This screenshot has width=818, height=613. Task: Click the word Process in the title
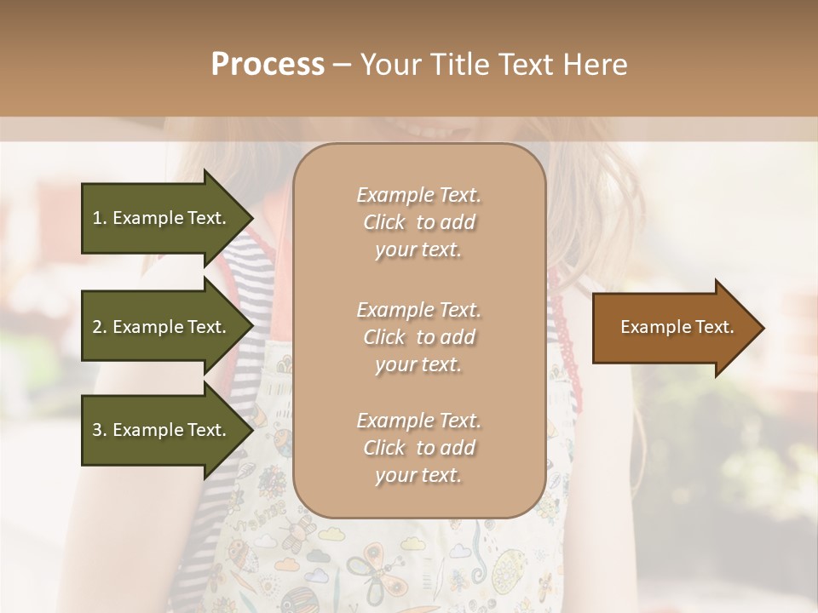(x=268, y=65)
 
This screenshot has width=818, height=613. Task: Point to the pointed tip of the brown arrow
(x=763, y=328)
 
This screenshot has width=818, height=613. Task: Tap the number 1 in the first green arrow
(x=97, y=218)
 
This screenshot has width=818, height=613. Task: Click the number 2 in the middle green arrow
(x=97, y=327)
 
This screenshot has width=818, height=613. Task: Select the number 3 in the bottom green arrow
(x=97, y=430)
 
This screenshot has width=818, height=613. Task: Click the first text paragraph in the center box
(x=418, y=222)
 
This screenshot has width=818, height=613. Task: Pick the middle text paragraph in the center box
(x=418, y=337)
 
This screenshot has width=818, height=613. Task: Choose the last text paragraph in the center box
(x=418, y=448)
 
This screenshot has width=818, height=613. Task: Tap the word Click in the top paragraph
(x=384, y=222)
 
